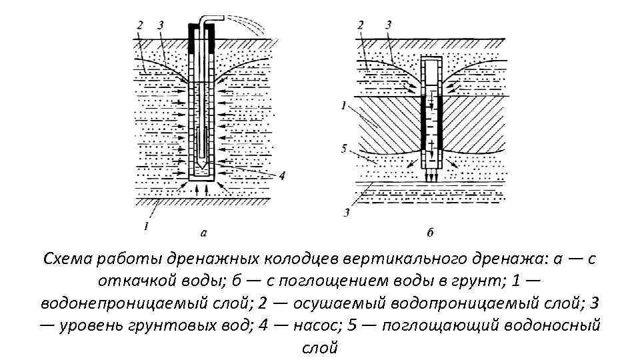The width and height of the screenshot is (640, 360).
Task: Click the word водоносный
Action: [553, 325]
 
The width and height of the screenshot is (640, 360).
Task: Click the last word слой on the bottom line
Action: [320, 347]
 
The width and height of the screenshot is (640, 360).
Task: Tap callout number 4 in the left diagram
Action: [283, 176]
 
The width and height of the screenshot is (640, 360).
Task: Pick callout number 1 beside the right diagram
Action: [343, 105]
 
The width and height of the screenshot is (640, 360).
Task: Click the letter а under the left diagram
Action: [203, 233]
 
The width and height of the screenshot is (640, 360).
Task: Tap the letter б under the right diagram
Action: [430, 233]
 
